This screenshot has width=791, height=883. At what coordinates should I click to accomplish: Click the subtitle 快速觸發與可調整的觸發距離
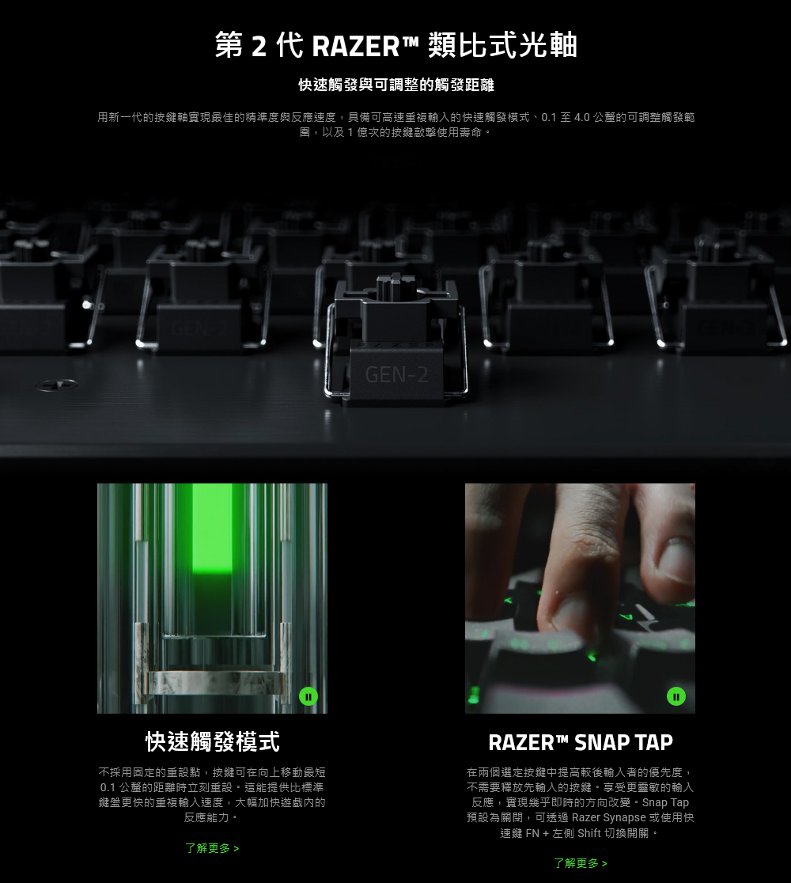point(396,85)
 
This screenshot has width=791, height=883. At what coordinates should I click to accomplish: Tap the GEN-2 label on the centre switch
point(396,374)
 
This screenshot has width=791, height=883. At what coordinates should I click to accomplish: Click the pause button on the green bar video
point(308,696)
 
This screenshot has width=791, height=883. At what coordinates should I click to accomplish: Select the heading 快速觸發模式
point(212,741)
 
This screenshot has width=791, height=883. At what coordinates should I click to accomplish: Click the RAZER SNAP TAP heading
point(581,742)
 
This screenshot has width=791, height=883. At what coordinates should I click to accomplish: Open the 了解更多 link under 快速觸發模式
point(212,848)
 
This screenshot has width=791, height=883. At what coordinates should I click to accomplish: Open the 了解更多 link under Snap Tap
point(581,863)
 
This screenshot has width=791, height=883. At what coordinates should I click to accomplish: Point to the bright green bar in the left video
point(212,529)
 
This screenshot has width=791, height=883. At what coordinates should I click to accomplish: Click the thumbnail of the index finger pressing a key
point(580,598)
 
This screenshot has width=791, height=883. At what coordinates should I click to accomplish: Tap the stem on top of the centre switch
point(396,288)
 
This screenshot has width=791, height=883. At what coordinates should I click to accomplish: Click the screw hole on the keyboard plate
point(56,385)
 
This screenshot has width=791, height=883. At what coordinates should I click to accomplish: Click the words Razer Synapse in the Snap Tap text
point(608,817)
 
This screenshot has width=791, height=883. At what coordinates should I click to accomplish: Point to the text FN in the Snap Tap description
point(532,833)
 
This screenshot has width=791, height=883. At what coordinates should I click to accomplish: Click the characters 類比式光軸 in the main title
point(503,46)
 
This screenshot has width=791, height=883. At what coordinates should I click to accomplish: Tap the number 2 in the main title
point(259,47)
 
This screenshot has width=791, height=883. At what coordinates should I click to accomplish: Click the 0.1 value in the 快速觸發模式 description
point(108,787)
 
